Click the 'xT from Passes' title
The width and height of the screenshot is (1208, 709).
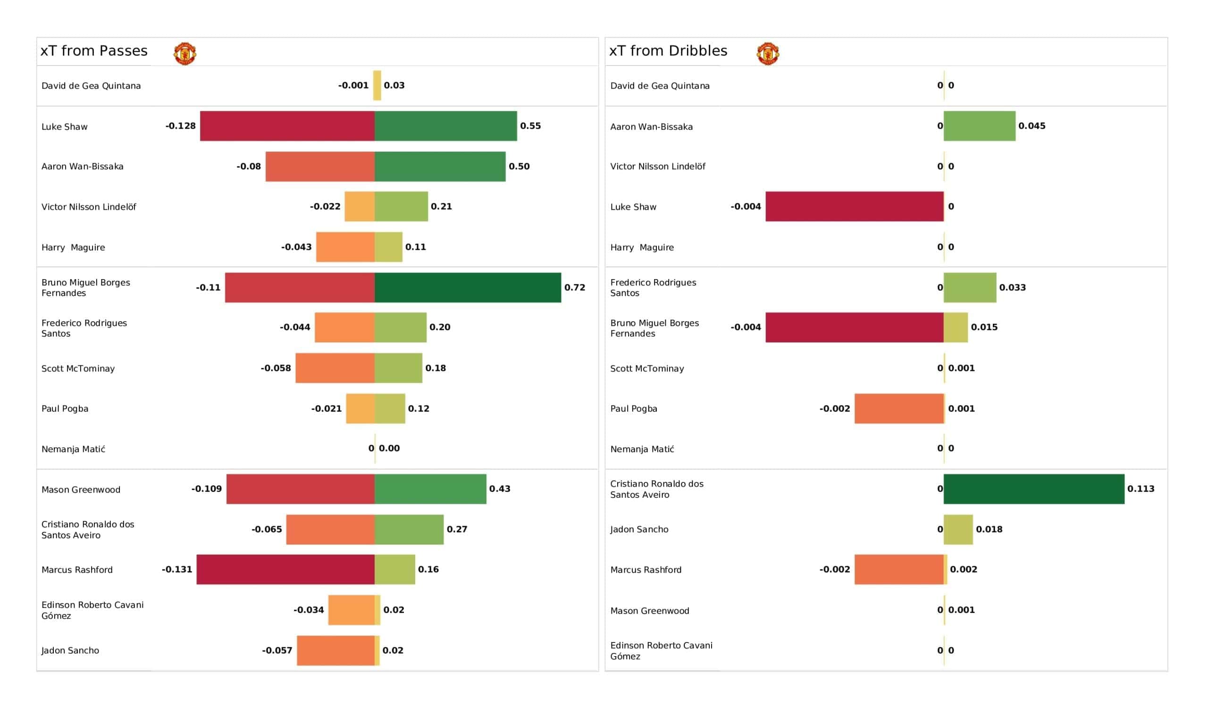[94, 51]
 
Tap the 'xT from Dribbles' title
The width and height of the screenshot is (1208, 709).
[668, 51]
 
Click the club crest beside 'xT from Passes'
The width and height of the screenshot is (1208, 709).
[185, 53]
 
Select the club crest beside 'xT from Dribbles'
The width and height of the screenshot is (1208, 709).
[767, 53]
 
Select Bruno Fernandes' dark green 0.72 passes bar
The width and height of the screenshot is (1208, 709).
[467, 288]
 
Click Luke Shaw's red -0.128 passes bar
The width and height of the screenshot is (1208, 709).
[287, 126]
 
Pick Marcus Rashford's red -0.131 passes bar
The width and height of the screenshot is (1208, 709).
[285, 569]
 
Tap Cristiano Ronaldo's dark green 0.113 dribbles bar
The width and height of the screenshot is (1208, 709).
[1033, 489]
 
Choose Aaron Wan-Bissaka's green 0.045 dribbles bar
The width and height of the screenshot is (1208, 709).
[979, 126]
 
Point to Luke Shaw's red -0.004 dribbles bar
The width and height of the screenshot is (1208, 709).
[854, 206]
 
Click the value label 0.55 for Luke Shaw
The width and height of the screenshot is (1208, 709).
[530, 126]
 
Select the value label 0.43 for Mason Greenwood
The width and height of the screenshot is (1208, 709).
[500, 489]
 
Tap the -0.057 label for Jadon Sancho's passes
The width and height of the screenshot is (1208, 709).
[277, 650]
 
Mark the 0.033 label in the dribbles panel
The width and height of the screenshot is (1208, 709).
[1012, 288]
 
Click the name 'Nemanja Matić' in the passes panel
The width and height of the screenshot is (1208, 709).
[73, 449]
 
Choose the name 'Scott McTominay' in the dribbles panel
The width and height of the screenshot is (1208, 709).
[646, 368]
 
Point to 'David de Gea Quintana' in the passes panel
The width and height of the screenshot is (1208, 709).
[91, 86]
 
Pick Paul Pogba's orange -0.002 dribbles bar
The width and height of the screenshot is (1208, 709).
[899, 409]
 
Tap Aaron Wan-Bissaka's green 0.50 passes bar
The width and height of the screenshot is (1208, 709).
[440, 166]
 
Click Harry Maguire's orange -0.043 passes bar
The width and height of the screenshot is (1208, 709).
[345, 247]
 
